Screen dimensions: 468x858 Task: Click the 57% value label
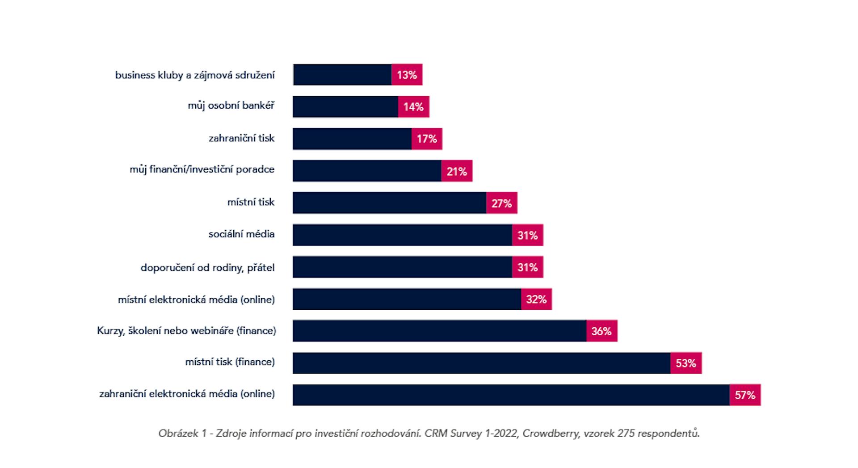tap(745, 395)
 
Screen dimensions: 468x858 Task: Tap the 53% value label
tap(686, 363)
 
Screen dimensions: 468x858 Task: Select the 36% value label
tap(601, 331)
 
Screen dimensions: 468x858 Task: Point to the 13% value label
tap(407, 75)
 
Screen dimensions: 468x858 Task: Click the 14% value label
tap(413, 107)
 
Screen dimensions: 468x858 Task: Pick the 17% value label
tap(427, 139)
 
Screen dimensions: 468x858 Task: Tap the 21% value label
tap(457, 171)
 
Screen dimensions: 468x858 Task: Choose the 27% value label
tap(501, 203)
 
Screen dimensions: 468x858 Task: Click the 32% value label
tap(536, 299)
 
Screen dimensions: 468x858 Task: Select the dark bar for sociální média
tap(402, 235)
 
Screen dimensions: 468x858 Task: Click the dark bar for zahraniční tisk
tap(352, 139)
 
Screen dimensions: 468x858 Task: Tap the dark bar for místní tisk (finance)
tap(481, 363)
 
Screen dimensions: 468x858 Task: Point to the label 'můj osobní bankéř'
tap(231, 106)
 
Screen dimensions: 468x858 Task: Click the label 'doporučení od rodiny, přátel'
tap(207, 268)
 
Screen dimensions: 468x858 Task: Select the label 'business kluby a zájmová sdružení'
tap(195, 75)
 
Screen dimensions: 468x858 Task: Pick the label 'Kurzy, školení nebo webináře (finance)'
tap(186, 331)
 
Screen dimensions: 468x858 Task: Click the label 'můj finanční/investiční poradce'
tap(202, 170)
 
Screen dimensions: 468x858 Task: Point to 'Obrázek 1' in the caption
tap(182, 433)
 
